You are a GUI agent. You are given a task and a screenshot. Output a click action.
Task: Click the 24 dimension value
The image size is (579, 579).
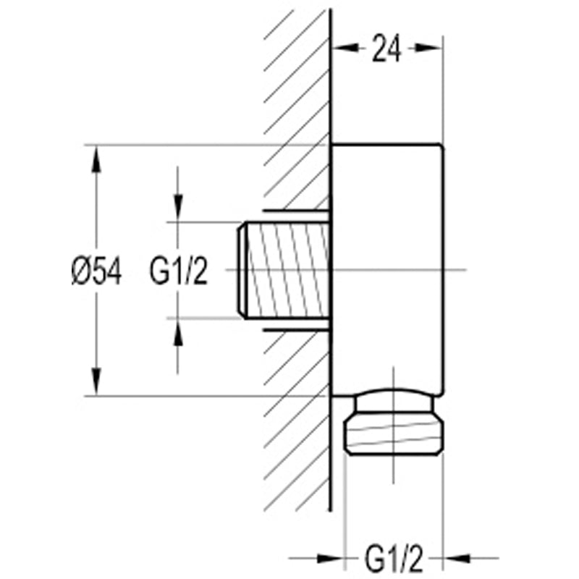386,48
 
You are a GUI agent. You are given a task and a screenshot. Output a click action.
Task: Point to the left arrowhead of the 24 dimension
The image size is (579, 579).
345,48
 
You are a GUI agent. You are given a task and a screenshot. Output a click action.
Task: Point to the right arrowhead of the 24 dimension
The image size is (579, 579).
428,48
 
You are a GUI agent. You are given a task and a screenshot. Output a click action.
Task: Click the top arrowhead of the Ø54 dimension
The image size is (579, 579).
96,159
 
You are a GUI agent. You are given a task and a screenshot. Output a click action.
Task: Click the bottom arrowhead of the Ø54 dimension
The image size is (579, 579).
96,381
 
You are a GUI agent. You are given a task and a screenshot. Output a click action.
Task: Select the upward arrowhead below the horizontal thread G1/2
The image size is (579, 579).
178,331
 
